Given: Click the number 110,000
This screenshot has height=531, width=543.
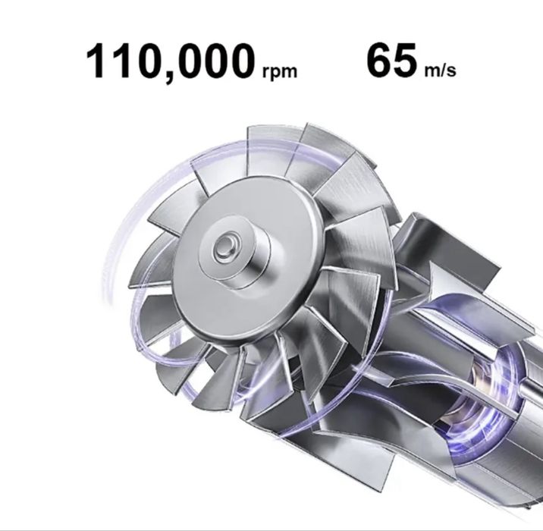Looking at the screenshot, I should tap(168, 62).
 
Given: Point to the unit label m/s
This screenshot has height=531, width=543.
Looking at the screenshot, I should tap(438, 72).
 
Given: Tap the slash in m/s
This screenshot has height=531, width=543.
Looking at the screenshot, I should tap(439, 72).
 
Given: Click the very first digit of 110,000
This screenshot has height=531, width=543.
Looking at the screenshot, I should tap(96, 62).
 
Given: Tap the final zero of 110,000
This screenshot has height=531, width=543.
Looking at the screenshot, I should tap(237, 62).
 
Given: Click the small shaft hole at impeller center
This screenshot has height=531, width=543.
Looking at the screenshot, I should tap(224, 245).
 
